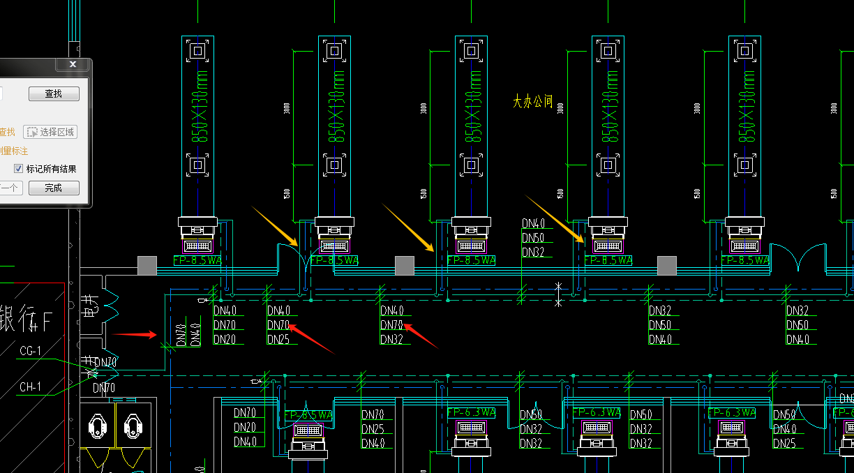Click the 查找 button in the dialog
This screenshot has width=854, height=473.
(54, 93)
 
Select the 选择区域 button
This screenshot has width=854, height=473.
(50, 132)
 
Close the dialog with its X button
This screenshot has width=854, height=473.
(73, 64)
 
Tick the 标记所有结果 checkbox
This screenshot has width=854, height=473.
(19, 169)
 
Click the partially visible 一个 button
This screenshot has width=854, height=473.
(10, 188)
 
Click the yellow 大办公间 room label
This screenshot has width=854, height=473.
(533, 102)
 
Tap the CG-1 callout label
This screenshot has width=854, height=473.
(31, 350)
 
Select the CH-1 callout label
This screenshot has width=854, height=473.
(31, 386)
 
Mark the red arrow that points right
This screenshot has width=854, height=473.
(134, 334)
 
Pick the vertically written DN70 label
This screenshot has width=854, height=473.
(181, 335)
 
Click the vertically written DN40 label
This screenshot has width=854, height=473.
(196, 335)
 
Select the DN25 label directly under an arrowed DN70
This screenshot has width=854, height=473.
(278, 340)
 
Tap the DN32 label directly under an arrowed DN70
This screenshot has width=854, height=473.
(391, 340)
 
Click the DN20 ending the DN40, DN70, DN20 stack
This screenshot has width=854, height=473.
(224, 340)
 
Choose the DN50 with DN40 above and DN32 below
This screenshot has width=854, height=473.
(532, 238)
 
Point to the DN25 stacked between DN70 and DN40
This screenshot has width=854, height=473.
(373, 428)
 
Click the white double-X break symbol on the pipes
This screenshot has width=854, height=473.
(557, 294)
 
